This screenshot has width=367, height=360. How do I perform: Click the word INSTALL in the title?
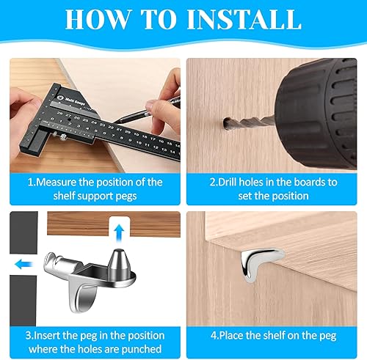244,19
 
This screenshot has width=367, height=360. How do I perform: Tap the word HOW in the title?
97,19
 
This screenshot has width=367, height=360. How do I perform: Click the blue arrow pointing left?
23,264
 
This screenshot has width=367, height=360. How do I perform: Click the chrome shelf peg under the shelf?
260,262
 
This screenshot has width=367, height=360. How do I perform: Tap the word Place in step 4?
231,336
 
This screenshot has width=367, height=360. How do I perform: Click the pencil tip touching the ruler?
116,122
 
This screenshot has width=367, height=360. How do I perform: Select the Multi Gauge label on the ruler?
75,101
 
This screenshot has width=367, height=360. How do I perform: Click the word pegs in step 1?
126,196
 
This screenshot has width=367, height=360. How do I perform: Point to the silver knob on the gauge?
64,136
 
